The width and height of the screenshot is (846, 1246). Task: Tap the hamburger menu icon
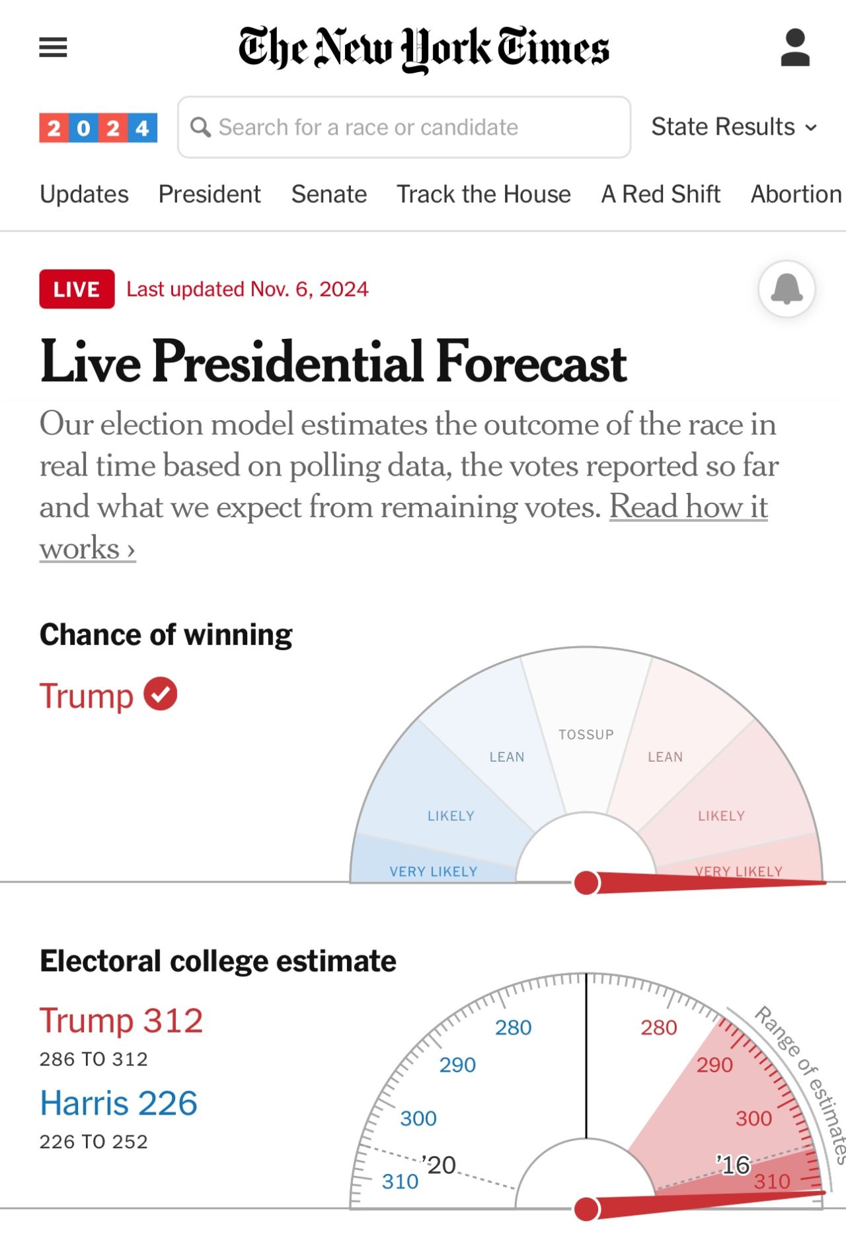(53, 48)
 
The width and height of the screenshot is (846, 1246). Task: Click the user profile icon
(795, 48)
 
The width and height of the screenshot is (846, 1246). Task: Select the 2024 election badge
(98, 128)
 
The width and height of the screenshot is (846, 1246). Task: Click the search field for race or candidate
(404, 128)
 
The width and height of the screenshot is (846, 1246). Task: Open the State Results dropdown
(734, 127)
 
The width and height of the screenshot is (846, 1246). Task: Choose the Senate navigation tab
(328, 194)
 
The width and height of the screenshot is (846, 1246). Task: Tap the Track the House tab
(483, 194)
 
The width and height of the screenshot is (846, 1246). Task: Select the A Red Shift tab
(660, 194)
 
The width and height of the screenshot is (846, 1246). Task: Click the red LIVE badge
(77, 289)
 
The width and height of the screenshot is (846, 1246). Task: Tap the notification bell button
(787, 289)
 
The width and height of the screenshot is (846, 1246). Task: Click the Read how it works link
(688, 507)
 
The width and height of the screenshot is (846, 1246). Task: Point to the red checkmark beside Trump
(161, 694)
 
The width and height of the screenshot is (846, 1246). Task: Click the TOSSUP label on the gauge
(586, 735)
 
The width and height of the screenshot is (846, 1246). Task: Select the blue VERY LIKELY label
(433, 871)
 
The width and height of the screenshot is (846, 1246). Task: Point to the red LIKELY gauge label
(721, 816)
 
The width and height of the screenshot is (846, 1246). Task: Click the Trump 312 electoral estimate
(121, 1021)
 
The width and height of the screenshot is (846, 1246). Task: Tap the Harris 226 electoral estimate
(119, 1103)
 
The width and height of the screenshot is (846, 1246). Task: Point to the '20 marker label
(440, 1165)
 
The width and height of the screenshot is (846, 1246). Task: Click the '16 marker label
(734, 1165)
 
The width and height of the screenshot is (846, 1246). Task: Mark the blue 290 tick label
(457, 1065)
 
